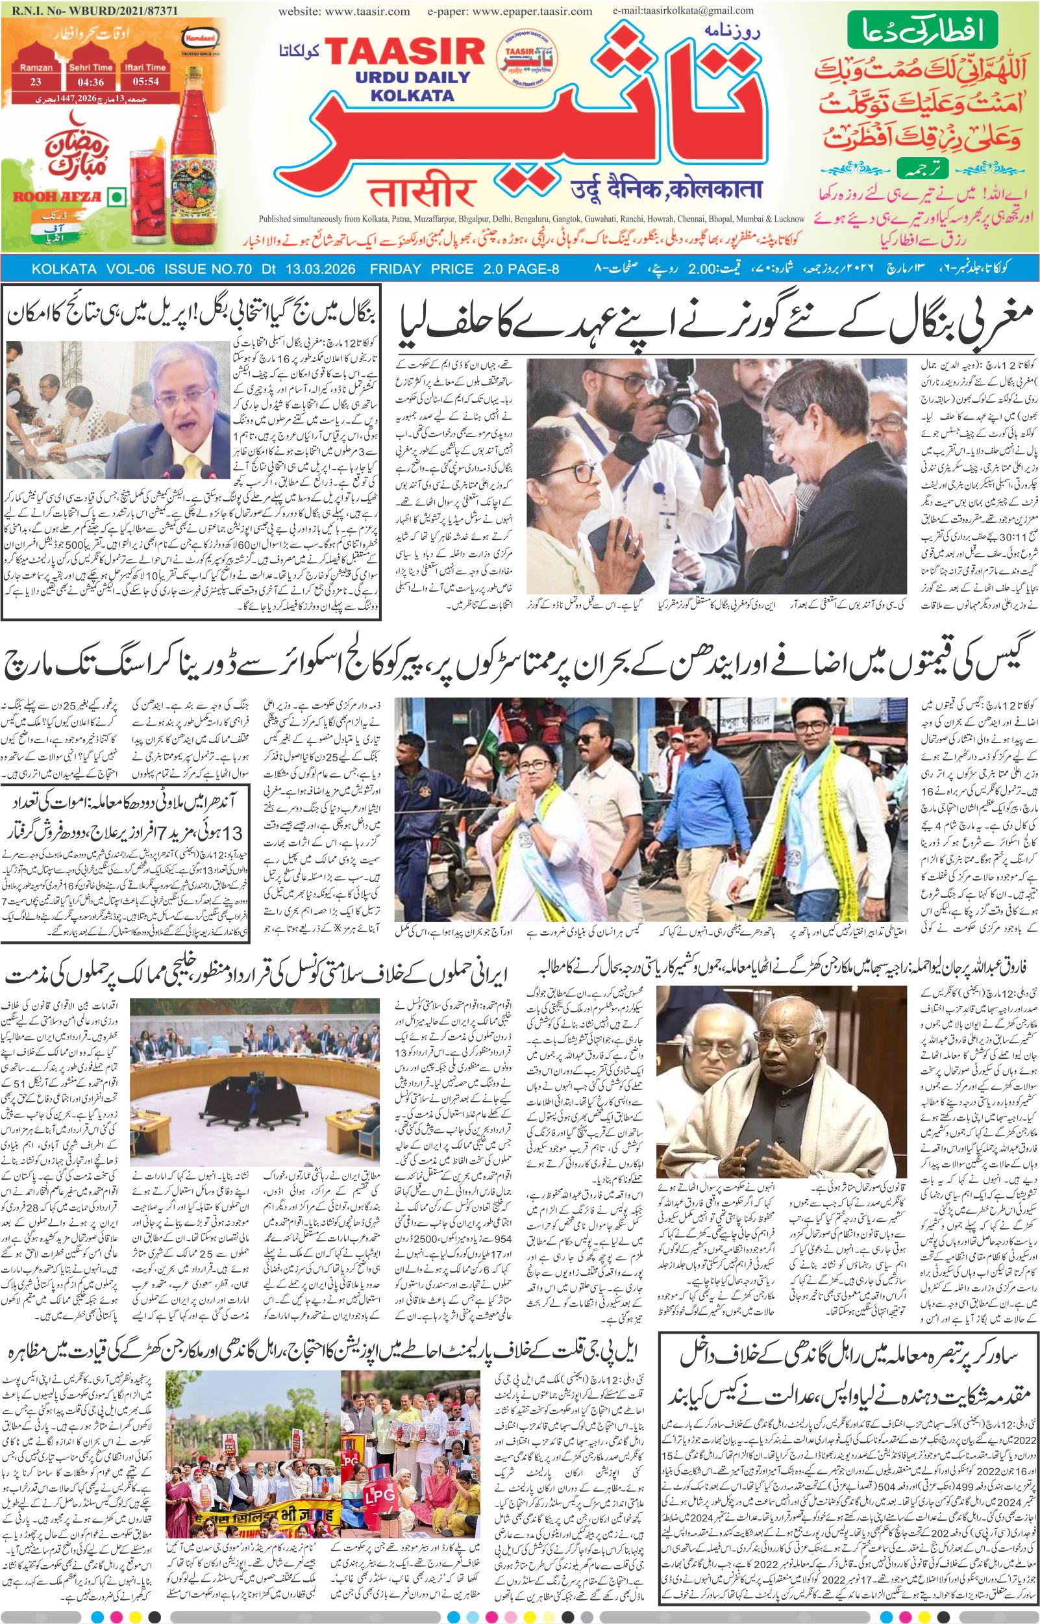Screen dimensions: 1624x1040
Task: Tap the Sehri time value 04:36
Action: (90, 82)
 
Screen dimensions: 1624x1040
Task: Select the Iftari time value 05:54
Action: (145, 82)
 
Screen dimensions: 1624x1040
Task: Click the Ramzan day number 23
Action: (36, 82)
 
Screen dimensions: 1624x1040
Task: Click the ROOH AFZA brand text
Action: (56, 197)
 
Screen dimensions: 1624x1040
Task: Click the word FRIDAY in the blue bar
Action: (397, 269)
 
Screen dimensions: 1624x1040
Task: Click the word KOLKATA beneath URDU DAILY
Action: (412, 95)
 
